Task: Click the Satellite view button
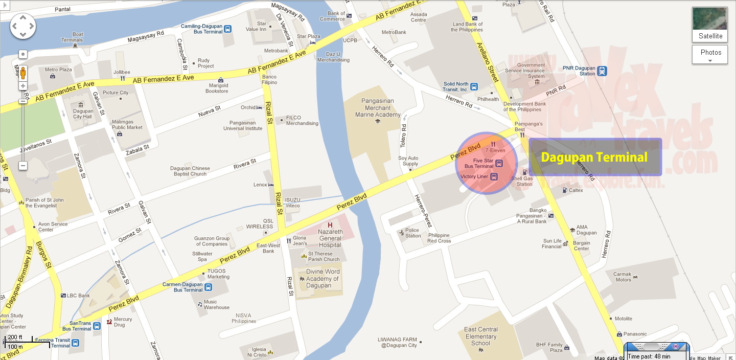pyautogui.click(x=709, y=25)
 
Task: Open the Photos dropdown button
pyautogui.click(x=709, y=55)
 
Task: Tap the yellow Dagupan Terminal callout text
pyautogui.click(x=594, y=157)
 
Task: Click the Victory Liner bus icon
pyautogui.click(x=494, y=176)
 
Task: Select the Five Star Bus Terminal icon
pyautogui.click(x=499, y=164)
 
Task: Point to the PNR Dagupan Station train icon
pyautogui.click(x=602, y=71)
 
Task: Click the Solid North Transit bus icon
pyautogui.click(x=474, y=86)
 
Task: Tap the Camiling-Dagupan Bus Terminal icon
pyautogui.click(x=228, y=29)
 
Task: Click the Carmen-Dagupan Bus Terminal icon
pyautogui.click(x=209, y=287)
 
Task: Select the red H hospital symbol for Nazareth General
pyautogui.click(x=330, y=226)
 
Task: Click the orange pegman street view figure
pyautogui.click(x=22, y=73)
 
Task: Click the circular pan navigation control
pyautogui.click(x=22, y=26)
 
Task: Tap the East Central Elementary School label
pyautogui.click(x=480, y=336)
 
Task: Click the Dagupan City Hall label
pyautogui.click(x=83, y=114)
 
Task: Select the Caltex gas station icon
pyautogui.click(x=565, y=190)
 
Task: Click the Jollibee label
pyautogui.click(x=122, y=72)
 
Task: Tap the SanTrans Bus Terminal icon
pyautogui.click(x=97, y=326)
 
